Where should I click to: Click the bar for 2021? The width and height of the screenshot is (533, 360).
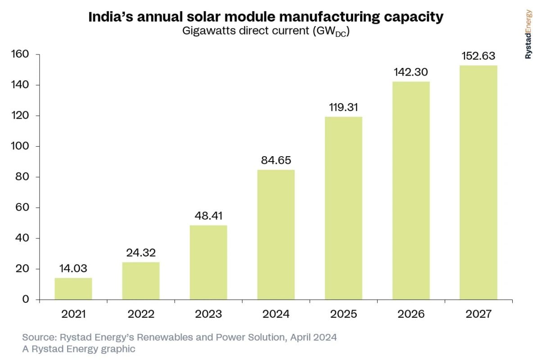click(73, 289)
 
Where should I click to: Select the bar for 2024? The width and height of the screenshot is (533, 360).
click(276, 234)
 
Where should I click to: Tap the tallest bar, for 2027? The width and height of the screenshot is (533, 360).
click(478, 182)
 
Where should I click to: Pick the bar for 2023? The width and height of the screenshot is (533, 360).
click(208, 262)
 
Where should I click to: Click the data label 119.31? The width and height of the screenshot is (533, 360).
click(343, 108)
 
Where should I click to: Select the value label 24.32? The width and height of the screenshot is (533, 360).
click(141, 253)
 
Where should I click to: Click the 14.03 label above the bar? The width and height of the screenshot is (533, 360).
click(73, 269)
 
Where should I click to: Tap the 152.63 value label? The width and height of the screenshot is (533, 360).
click(478, 57)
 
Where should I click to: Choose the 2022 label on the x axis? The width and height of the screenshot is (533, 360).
click(141, 314)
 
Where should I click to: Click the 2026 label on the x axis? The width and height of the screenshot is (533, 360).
click(411, 314)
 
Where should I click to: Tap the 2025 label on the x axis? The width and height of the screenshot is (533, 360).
click(343, 314)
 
